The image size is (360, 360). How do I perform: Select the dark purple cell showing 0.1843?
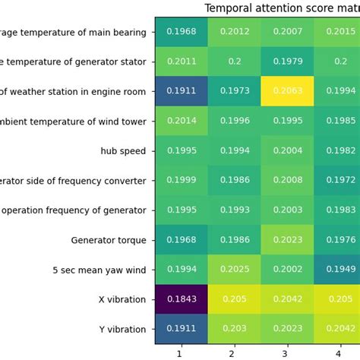[181, 299]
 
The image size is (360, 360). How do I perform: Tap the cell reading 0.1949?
[338, 270]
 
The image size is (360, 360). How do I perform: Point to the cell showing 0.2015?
[338, 31]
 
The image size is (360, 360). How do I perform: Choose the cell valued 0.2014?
[181, 121]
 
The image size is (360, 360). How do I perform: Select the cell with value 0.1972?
[338, 180]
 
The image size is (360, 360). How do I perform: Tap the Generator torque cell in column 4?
[338, 240]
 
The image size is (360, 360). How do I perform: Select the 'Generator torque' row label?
[109, 240]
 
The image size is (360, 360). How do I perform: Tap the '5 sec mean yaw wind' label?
[99, 270]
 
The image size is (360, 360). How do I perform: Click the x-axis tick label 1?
[181, 353]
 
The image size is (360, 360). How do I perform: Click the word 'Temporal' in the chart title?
[227, 8]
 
